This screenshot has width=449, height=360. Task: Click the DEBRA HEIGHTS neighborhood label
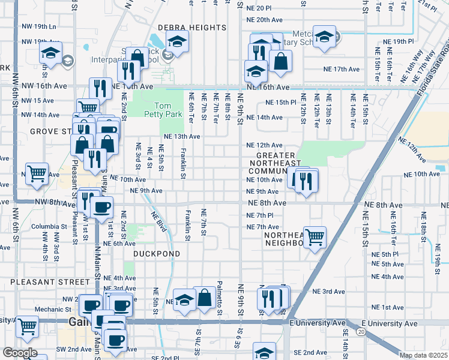(181, 28)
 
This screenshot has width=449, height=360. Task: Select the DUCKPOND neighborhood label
(148, 254)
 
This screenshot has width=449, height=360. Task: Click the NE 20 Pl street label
(259, 8)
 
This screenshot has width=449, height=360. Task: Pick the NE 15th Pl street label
(281, 103)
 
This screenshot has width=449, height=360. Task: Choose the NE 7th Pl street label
(261, 215)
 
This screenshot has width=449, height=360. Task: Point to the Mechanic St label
(53, 310)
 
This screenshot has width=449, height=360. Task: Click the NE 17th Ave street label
(339, 70)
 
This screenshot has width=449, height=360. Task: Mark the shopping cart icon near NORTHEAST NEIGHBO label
(315, 238)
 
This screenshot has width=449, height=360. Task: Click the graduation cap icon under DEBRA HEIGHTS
(178, 41)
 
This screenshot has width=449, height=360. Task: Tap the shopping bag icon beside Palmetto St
(205, 298)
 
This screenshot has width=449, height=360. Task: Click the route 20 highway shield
(360, 331)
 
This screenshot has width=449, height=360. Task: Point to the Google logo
(20, 353)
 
